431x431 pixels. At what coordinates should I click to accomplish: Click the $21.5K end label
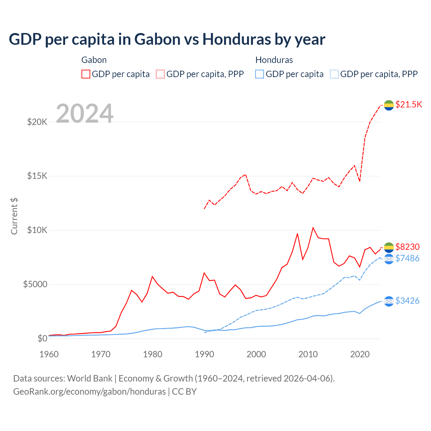click(408, 104)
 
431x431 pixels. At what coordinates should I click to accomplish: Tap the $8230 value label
click(407, 247)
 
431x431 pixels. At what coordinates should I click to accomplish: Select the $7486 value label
click(407, 258)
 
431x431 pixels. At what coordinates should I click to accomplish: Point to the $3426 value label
click(407, 301)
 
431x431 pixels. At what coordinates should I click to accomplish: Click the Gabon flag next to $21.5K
click(389, 105)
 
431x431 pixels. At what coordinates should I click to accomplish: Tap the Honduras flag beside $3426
click(389, 301)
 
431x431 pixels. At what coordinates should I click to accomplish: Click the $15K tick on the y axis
click(37, 176)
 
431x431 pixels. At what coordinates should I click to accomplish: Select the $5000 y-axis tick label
click(35, 285)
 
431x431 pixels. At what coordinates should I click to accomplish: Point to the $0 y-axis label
click(42, 338)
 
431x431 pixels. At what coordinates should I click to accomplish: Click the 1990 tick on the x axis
click(204, 354)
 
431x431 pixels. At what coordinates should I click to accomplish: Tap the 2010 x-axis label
click(308, 354)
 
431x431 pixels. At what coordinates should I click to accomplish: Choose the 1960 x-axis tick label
click(49, 354)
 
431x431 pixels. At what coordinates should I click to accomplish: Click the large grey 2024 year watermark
click(85, 113)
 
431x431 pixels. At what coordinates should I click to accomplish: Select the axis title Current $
click(14, 216)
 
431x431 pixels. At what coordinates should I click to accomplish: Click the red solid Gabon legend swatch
click(86, 74)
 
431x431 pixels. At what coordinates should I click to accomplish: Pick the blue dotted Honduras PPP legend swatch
click(334, 74)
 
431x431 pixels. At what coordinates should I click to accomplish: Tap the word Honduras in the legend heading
click(274, 60)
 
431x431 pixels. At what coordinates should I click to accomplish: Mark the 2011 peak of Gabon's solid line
click(313, 228)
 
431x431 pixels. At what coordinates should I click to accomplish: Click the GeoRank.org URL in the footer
click(89, 392)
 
